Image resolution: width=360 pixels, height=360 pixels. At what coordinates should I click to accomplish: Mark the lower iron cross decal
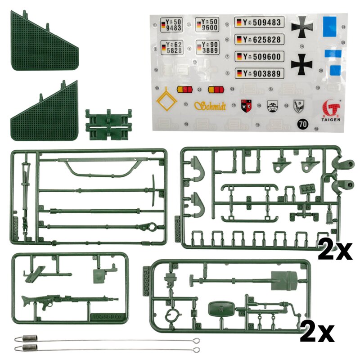click(x=301, y=64)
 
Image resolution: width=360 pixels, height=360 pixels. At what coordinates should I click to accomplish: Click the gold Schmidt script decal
click(x=211, y=105)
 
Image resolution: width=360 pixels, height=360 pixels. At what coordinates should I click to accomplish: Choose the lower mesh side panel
click(x=45, y=115)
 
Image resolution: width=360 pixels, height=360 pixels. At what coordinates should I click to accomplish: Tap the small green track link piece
click(x=108, y=122)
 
